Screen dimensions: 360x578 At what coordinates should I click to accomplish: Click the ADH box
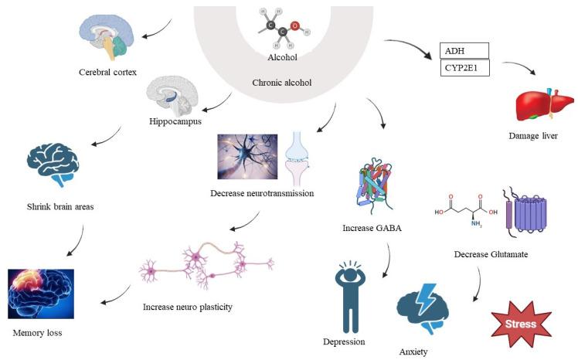(x=464, y=51)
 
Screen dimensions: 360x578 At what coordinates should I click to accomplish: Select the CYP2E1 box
(x=464, y=68)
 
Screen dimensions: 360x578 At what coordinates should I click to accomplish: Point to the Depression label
(x=344, y=341)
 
